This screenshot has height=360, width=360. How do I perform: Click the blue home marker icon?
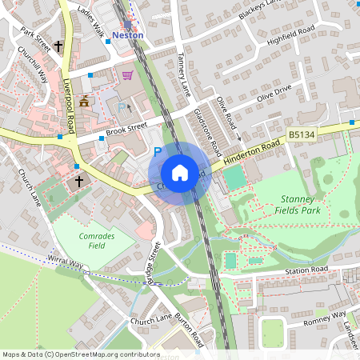(180, 173)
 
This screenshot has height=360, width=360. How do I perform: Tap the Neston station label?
(128, 35)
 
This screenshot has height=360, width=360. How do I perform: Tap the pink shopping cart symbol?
(127, 75)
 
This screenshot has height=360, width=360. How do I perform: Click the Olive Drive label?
(276, 92)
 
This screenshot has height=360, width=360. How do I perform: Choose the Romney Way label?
(324, 320)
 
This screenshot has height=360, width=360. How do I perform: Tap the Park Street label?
(36, 42)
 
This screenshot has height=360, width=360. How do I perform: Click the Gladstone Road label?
(207, 133)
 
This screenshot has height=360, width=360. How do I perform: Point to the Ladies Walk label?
(91, 23)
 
